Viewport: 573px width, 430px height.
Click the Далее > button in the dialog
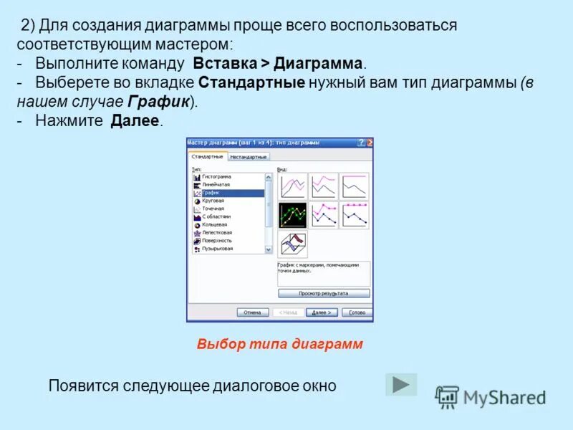click(321, 312)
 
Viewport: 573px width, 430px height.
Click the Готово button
click(357, 312)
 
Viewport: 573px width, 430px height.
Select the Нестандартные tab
click(249, 156)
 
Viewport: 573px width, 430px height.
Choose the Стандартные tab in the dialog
click(208, 156)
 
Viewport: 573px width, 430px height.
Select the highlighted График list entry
click(211, 193)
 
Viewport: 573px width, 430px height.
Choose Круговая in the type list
click(213, 201)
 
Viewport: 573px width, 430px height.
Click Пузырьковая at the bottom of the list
click(217, 249)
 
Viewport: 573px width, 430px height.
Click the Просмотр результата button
click(323, 293)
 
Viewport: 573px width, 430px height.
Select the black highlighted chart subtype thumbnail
click(292, 215)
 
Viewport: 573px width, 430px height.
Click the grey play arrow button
click(401, 385)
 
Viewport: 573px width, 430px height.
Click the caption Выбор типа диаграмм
click(280, 344)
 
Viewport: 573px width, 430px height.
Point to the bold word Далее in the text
click(135, 121)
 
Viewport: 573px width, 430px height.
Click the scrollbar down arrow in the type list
click(269, 249)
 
